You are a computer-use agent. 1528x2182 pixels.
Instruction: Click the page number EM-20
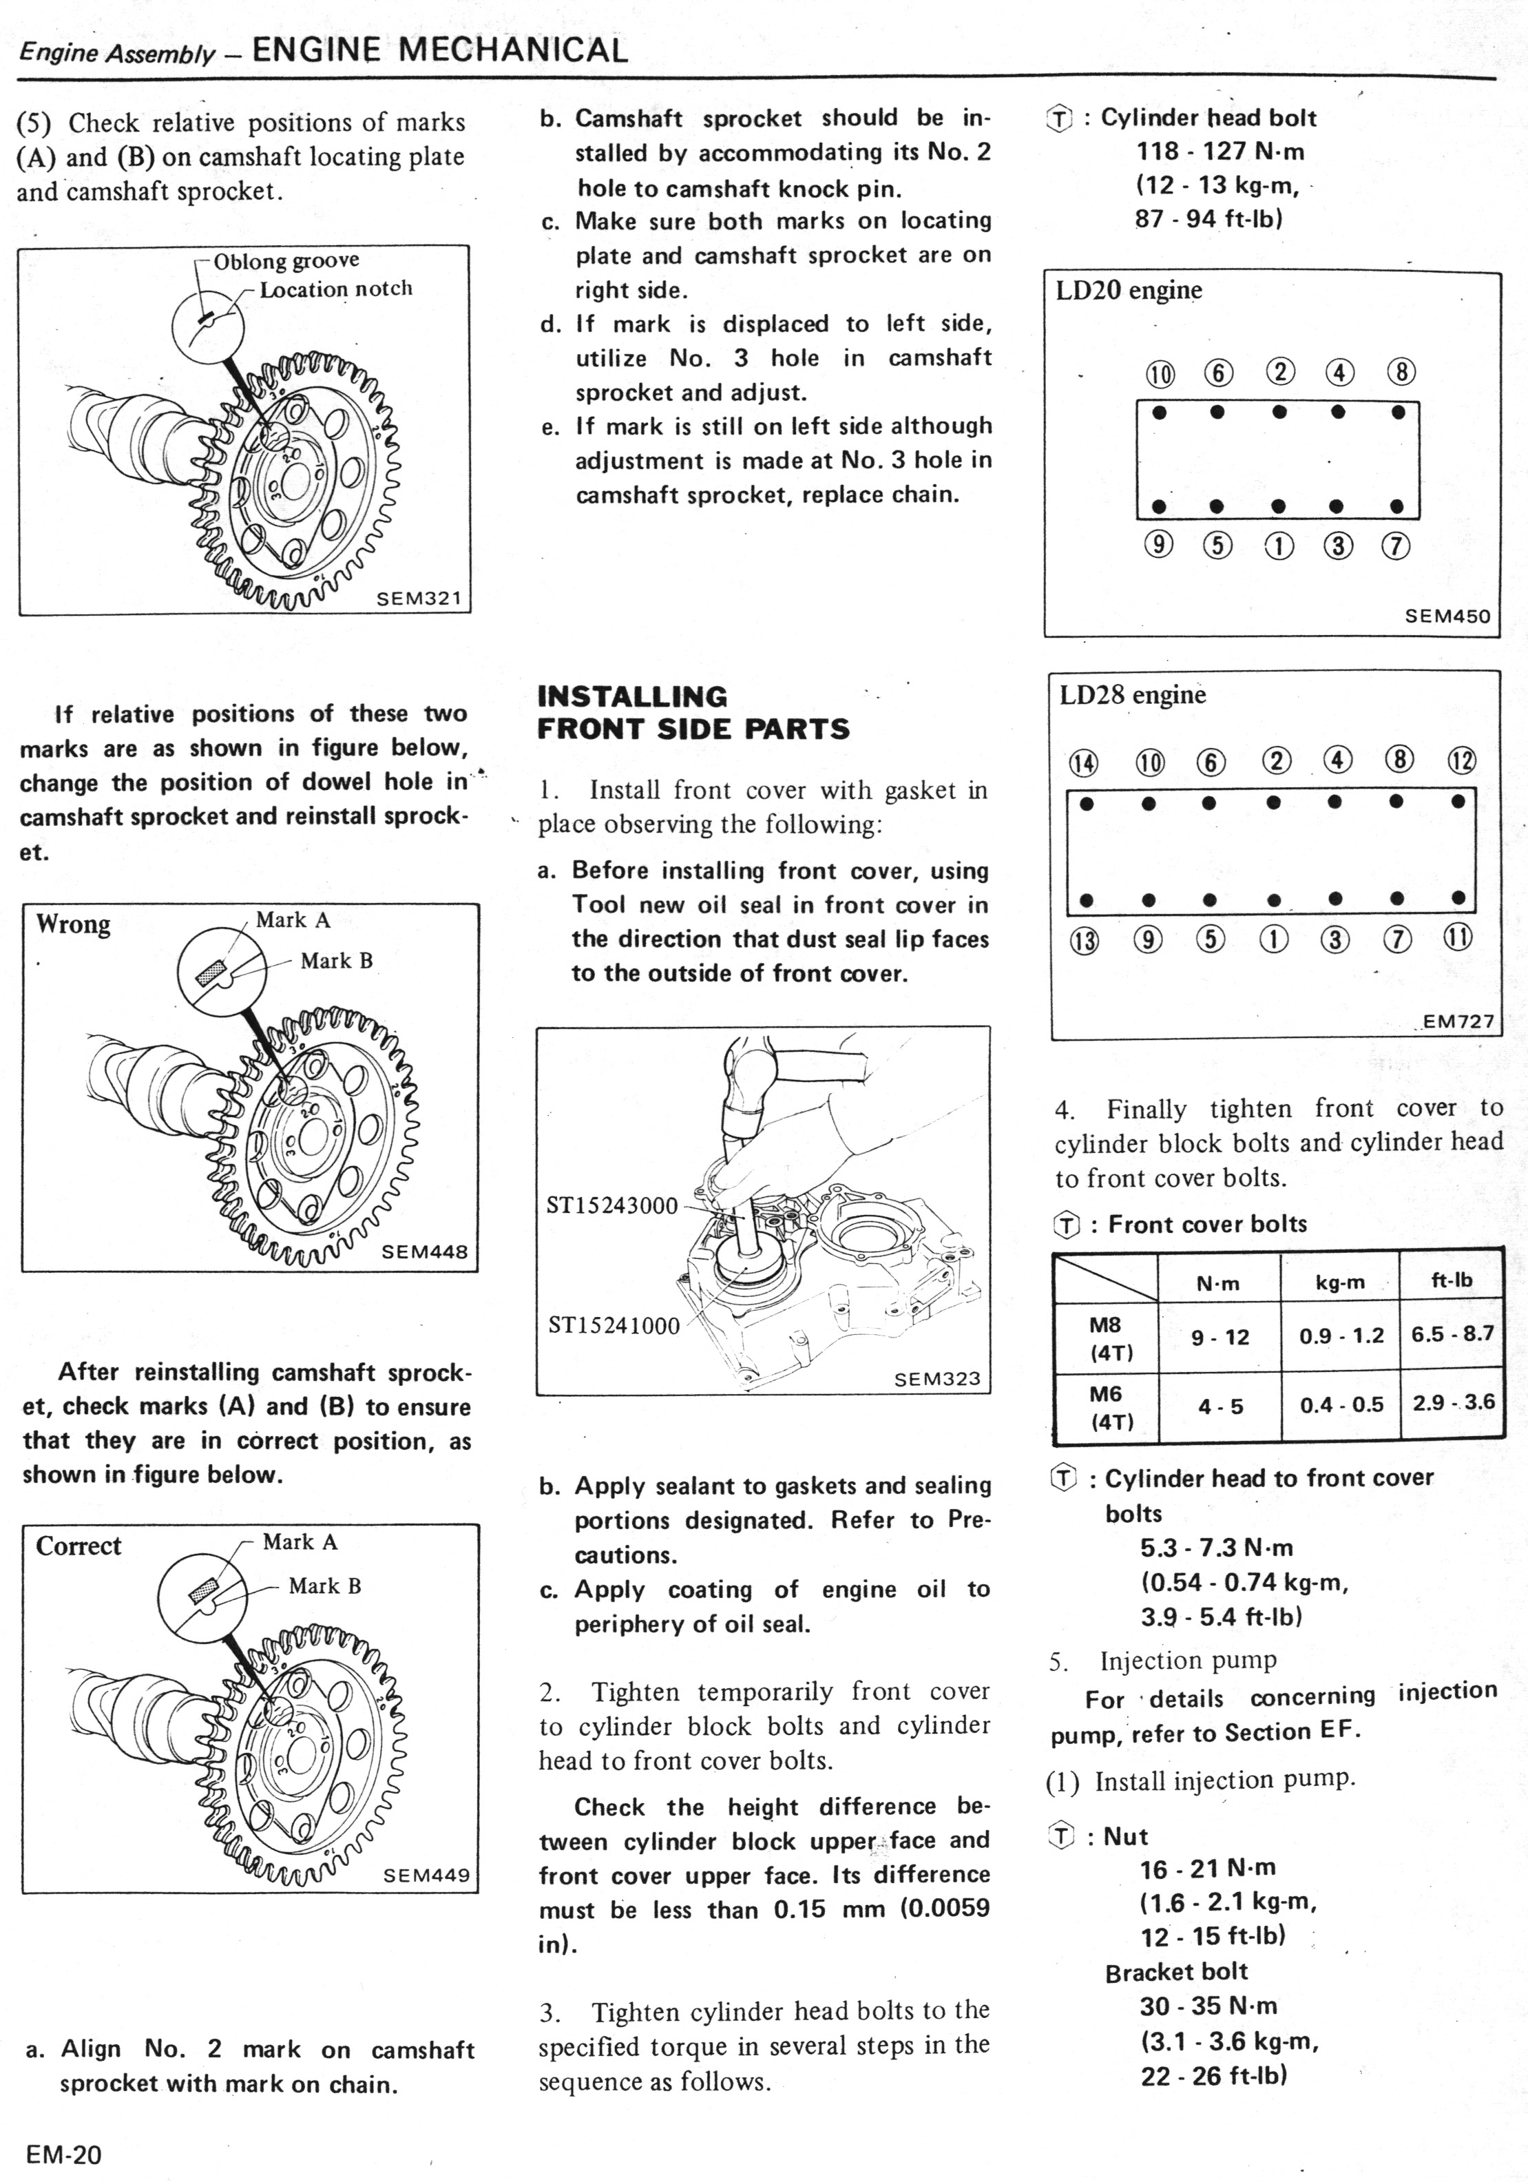63,2154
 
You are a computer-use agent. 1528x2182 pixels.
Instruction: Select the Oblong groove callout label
286,260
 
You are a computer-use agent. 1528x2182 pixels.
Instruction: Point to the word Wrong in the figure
73,924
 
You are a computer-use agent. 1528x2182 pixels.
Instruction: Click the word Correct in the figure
79,1546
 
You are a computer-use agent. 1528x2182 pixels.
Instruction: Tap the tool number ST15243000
612,1205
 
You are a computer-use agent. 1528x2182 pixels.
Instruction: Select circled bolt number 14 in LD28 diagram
1082,762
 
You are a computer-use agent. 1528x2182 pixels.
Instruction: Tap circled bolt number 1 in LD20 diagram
1279,545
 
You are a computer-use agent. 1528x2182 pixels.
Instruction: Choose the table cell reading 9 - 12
1220,1337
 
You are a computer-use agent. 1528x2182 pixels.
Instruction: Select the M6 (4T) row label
1105,1406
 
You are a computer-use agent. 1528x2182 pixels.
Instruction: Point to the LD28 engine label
1132,695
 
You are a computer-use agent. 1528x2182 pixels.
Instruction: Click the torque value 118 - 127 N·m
1220,151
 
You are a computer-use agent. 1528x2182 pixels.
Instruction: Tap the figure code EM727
1458,1021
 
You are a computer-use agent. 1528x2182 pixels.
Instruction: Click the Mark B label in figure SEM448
337,961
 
